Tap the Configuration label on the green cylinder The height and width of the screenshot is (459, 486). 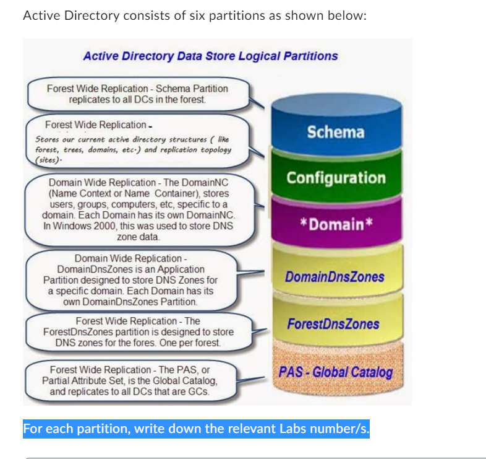(336, 178)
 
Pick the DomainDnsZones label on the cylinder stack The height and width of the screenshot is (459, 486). (335, 276)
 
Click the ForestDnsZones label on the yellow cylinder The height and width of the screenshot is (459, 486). (333, 324)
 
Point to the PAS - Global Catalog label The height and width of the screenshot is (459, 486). (335, 372)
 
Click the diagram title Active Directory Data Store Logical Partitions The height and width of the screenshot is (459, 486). (210, 56)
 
